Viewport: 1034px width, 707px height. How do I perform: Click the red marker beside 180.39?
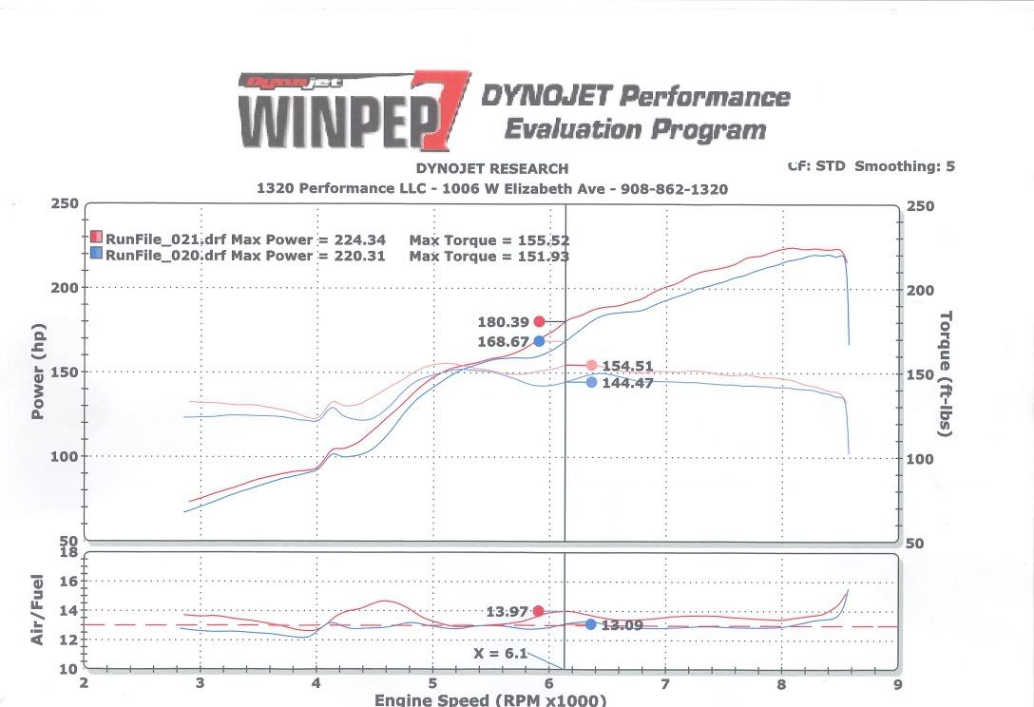(x=540, y=321)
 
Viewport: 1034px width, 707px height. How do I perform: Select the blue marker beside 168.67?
(x=540, y=341)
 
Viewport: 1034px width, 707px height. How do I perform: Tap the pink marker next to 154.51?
(x=591, y=366)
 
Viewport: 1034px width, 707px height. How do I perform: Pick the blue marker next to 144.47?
(x=591, y=382)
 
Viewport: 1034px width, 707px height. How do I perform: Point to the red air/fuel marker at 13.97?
(x=539, y=611)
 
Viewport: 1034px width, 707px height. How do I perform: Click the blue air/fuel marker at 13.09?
(x=590, y=624)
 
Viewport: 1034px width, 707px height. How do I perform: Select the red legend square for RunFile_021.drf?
(x=97, y=238)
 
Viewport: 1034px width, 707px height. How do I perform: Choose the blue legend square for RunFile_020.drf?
(x=97, y=254)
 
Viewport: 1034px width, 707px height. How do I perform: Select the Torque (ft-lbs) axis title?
(x=946, y=373)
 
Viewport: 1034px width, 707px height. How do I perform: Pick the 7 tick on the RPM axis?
(x=664, y=682)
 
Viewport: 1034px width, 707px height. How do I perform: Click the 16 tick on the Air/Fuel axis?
(x=68, y=582)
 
